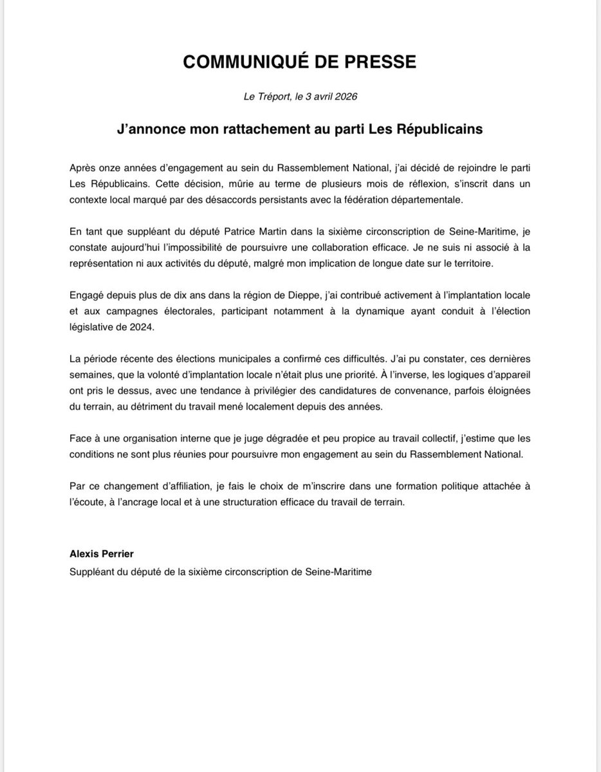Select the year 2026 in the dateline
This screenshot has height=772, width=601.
pyautogui.click(x=344, y=97)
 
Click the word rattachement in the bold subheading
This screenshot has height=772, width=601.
pyautogui.click(x=234, y=129)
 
